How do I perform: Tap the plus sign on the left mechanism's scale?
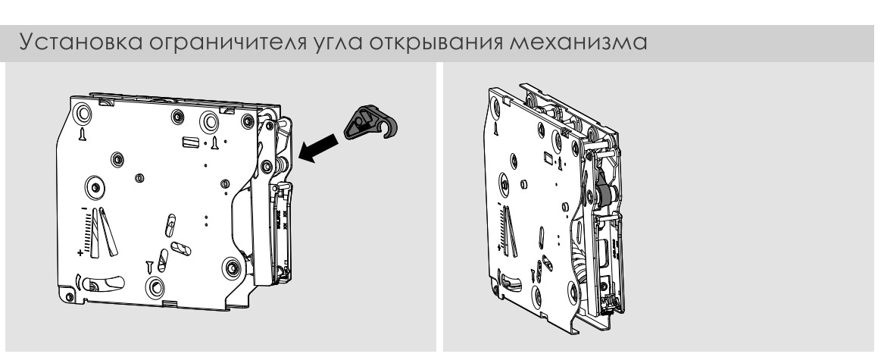click(80, 252)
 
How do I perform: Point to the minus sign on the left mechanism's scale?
click(83, 209)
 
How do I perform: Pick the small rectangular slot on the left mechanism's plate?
click(190, 141)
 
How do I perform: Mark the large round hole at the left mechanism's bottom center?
click(155, 287)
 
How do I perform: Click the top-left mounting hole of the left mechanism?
click(83, 114)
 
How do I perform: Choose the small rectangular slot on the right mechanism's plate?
click(548, 156)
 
